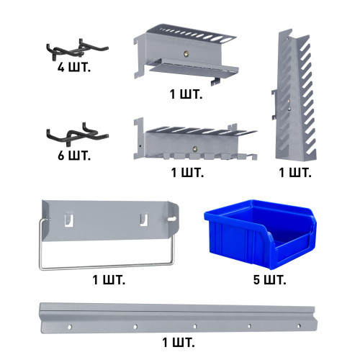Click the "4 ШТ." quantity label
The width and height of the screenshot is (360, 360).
(74, 68)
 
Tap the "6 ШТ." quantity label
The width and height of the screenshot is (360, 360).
(74, 156)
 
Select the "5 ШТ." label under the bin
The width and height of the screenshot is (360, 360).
(269, 280)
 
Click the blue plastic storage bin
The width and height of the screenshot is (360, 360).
(261, 233)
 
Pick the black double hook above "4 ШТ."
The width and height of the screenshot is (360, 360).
(77, 50)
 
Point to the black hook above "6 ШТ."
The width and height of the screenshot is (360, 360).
(77, 134)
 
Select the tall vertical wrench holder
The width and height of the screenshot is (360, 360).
(294, 96)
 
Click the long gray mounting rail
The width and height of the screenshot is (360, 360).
(178, 318)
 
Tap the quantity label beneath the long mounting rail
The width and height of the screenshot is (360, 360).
(179, 343)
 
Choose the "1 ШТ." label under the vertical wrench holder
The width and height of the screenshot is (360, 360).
(295, 173)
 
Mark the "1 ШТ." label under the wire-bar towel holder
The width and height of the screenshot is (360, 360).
(109, 280)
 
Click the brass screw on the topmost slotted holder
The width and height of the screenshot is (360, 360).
(185, 54)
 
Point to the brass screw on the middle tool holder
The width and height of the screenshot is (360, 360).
(195, 149)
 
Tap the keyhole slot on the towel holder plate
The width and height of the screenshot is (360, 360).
(172, 219)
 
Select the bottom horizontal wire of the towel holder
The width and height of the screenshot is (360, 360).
(107, 266)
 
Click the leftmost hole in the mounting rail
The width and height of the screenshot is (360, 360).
(70, 327)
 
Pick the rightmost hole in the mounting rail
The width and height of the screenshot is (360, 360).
(299, 326)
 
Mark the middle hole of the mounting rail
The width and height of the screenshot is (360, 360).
(194, 326)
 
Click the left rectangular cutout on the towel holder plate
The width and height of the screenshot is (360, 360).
(68, 220)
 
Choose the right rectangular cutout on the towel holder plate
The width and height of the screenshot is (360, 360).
(144, 220)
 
